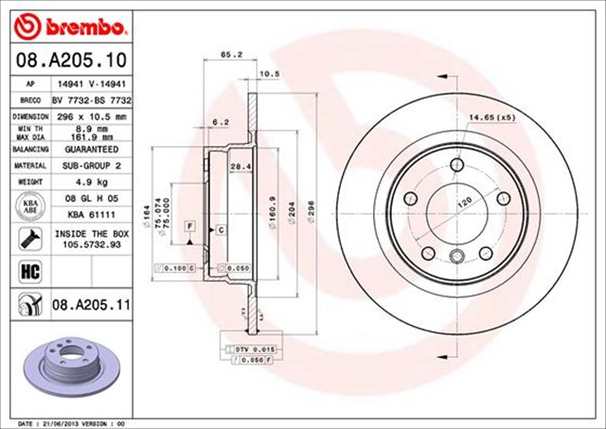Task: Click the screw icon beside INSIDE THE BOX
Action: click(27, 239)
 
